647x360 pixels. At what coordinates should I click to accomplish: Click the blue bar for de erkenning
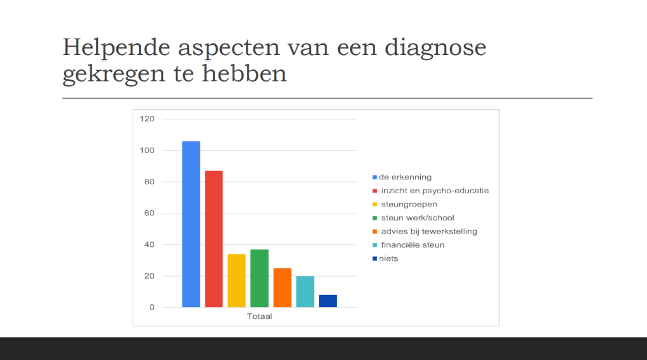[191, 224]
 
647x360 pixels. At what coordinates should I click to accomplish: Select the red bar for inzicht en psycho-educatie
[214, 239]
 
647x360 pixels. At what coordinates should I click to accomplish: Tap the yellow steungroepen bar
[236, 281]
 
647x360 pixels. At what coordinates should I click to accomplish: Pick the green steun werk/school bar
[260, 279]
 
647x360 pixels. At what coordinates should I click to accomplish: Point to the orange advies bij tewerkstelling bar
[282, 288]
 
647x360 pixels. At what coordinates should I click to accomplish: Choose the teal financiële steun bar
[305, 292]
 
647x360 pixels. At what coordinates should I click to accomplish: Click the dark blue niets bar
[328, 301]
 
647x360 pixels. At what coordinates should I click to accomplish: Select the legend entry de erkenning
[402, 177]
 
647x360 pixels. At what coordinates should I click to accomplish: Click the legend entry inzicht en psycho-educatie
[430, 191]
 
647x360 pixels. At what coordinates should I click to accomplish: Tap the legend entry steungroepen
[404, 204]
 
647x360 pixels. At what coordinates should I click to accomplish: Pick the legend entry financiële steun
[409, 245]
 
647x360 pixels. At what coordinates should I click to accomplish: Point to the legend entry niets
[385, 258]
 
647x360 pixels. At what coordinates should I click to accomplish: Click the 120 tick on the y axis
[147, 119]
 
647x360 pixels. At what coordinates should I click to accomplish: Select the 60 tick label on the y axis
[149, 213]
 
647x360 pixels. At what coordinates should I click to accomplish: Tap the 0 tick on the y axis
[152, 307]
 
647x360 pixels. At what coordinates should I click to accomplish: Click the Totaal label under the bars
[260, 316]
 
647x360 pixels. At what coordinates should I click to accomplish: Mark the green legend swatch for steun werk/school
[375, 218]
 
